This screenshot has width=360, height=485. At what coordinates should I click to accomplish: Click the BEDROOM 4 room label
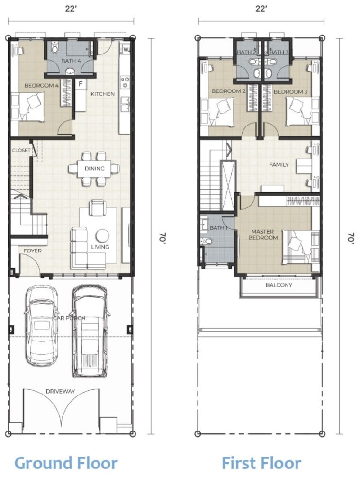41,86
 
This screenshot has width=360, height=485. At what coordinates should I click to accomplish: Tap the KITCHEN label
102,94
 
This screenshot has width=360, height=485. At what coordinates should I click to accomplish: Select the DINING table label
94,168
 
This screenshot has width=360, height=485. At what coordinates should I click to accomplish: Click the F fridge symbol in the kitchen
81,84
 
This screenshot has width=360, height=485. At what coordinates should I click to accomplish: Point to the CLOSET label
21,150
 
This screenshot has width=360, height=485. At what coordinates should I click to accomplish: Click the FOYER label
33,251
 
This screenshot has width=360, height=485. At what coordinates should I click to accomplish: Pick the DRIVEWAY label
60,391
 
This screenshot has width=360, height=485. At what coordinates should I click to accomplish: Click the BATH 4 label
71,61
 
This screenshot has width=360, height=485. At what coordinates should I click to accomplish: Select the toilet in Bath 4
55,48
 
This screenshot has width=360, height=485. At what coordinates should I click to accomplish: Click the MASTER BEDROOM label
262,234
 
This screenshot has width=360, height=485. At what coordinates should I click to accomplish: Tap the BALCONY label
279,285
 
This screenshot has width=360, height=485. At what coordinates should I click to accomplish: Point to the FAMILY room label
279,165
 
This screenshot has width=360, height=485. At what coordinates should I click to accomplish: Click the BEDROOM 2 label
228,91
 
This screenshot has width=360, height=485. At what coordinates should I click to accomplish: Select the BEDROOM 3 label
290,92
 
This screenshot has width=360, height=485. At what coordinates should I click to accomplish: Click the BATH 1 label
218,228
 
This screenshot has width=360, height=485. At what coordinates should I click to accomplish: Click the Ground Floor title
66,463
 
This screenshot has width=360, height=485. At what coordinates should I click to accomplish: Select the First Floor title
261,463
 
